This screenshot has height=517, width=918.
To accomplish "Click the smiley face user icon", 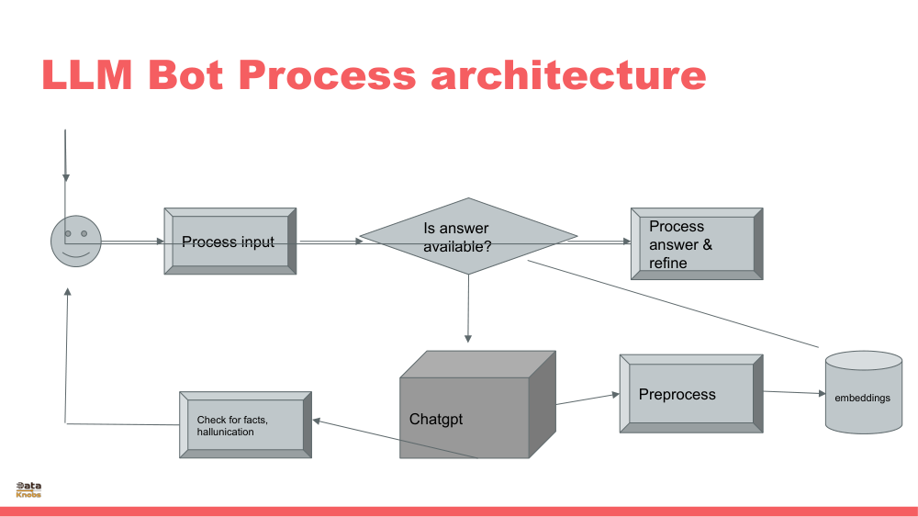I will (x=75, y=241).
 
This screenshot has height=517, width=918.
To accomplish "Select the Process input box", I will (x=229, y=242).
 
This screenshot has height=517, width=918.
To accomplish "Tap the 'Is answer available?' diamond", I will (x=468, y=236).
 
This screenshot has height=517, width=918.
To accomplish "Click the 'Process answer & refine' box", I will (x=696, y=243).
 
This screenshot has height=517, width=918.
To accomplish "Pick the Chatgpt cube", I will (x=468, y=409).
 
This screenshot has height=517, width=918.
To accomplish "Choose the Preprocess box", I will (x=690, y=394).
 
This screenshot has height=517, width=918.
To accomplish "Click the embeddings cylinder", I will (x=863, y=393).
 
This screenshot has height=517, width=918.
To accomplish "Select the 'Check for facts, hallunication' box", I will (x=244, y=425).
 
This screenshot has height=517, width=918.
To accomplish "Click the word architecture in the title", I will (x=569, y=75).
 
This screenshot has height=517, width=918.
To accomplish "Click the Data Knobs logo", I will (x=28, y=489).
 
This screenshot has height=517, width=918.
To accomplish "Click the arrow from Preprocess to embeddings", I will (x=794, y=393).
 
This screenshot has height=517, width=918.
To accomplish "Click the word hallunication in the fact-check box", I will (x=226, y=432).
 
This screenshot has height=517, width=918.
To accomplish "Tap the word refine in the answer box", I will (x=667, y=263).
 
